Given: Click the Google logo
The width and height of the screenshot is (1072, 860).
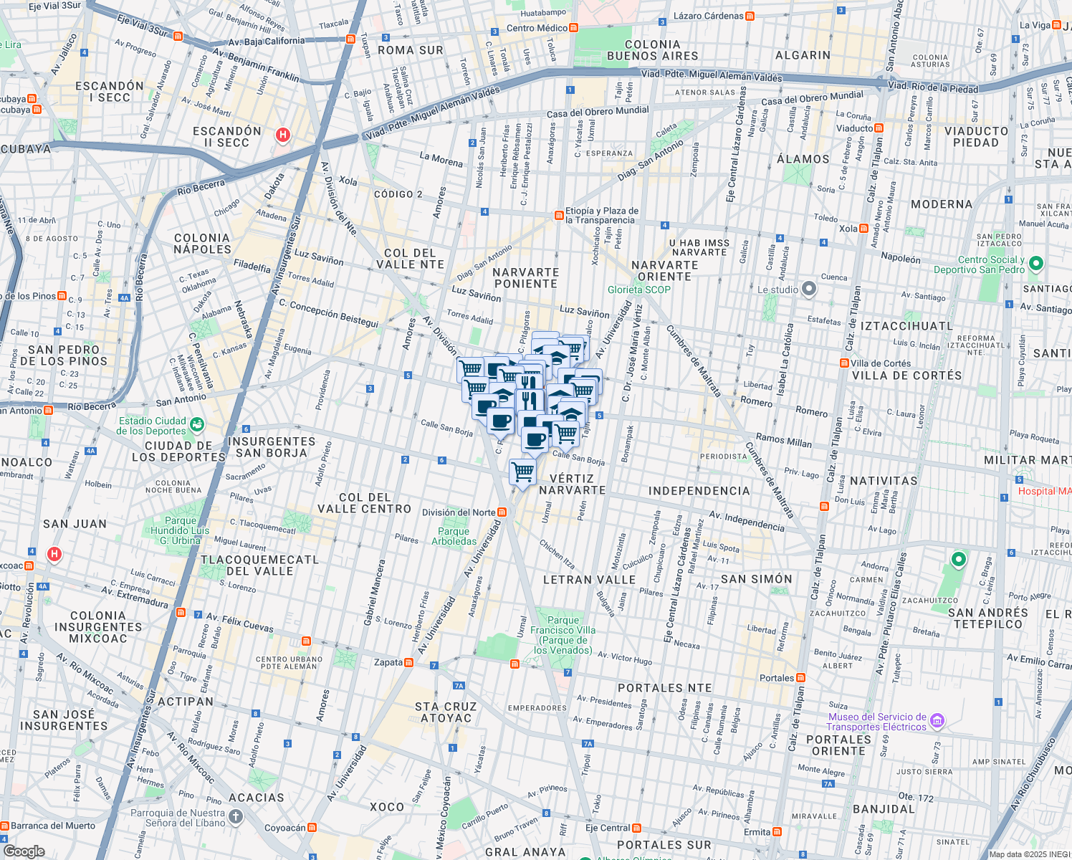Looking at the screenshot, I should pos(24,851).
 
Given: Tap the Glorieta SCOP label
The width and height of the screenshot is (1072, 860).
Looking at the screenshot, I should pos(639,290).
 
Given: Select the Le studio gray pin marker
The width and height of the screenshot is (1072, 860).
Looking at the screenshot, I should pos(809,290).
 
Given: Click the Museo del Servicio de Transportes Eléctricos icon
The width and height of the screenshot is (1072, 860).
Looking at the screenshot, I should pos(937,721).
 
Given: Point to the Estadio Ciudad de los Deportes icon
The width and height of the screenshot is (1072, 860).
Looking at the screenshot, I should pos(196,425).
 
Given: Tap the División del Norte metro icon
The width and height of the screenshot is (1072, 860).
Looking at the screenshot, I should pos(502,512).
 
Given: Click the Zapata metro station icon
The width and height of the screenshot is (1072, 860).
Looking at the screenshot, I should pos(408,663).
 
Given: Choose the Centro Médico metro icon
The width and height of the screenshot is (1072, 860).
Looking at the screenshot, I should pos(573,28).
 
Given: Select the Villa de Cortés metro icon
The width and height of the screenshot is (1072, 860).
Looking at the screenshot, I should pos(844,363).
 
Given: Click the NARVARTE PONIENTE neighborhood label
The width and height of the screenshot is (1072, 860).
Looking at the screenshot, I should pos(526,278).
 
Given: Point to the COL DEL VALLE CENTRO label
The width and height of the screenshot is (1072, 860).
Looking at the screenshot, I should pos(365,503).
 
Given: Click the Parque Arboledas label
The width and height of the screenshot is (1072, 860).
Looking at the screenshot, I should pos(454,536).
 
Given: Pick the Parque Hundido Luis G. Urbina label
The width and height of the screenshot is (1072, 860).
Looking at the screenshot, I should pos(180,530).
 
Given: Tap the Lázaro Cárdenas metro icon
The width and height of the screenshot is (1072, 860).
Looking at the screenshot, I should pos(750,16).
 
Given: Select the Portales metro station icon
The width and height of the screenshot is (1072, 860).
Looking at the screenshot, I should pos(800,678).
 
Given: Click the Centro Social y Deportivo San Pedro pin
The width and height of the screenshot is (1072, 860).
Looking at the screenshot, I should pos(1035,264).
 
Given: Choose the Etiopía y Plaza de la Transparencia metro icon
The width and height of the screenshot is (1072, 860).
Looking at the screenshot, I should pos(559,216).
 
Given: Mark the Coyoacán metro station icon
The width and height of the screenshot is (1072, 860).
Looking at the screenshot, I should pos(312,828).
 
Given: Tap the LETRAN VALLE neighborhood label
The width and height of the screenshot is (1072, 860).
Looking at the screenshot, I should pos(589,580).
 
